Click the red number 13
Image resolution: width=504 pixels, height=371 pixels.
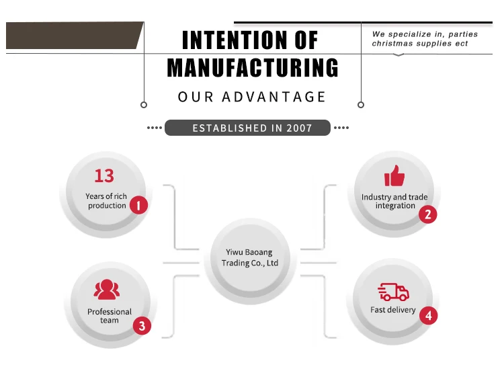point(104,176)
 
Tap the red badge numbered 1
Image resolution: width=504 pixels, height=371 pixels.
point(138,205)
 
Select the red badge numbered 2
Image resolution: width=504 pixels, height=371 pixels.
point(427,214)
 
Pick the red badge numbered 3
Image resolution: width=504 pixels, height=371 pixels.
point(141,327)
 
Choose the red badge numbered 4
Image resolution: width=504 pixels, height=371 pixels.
point(427,315)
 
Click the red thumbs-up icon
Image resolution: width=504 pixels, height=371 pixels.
point(394,176)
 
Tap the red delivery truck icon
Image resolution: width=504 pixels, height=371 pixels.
point(394,292)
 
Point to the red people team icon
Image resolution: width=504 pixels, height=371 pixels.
point(107,290)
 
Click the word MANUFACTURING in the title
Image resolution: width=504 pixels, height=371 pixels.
point(253,68)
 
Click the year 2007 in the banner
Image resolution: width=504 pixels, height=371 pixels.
point(298,128)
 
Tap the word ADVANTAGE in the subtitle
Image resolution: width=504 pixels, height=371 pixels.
point(274,97)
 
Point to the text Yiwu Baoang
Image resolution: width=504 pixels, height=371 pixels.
point(249,252)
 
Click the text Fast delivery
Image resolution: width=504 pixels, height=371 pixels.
point(393,310)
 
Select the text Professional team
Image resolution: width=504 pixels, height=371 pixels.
point(110,316)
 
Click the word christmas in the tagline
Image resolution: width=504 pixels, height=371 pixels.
point(396,44)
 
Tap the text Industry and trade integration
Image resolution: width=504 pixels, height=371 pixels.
point(394,201)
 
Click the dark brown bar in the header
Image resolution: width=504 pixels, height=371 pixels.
point(74,35)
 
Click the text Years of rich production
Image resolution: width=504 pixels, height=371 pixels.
point(106,201)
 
